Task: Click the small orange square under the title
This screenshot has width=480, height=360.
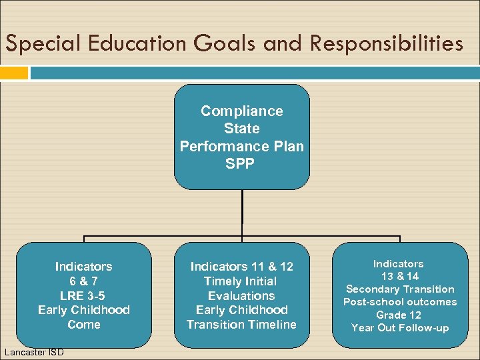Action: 14,73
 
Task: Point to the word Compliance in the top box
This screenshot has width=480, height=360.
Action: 241,111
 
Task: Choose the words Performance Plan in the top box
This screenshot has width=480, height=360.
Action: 241,146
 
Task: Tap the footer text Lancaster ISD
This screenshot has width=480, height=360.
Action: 33,351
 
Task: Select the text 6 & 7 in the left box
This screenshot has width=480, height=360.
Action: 83,281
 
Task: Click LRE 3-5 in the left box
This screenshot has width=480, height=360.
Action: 83,295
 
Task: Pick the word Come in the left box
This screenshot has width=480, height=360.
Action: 83,325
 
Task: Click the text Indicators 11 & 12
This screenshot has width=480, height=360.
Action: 241,267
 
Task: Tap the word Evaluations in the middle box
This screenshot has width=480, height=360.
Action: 241,296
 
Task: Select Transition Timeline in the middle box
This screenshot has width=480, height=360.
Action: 241,325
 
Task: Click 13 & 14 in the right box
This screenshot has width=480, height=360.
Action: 400,276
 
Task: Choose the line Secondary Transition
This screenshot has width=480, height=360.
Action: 400,289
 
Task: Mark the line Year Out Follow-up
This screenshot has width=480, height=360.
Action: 400,327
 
